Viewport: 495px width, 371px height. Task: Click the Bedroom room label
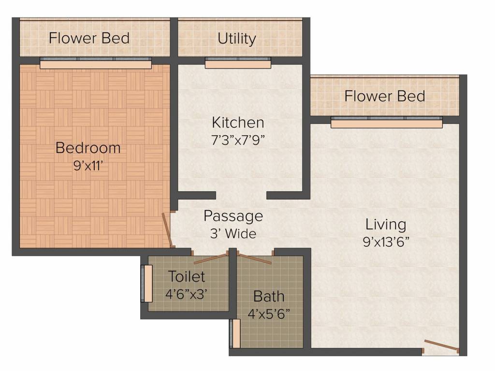(x=88, y=148)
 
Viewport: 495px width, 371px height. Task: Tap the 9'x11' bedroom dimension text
(x=88, y=165)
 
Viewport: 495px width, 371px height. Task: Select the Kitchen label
(x=238, y=122)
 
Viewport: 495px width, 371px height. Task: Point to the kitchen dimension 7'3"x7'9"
(x=238, y=140)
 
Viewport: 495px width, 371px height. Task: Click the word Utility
(x=237, y=39)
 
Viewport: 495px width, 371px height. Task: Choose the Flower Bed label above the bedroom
(x=89, y=38)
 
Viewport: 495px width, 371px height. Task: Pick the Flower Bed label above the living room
(x=384, y=96)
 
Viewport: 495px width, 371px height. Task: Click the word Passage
(x=233, y=216)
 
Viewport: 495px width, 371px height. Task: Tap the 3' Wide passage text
(x=233, y=233)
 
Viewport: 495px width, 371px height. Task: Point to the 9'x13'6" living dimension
(x=386, y=242)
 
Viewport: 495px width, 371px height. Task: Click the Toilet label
(x=187, y=277)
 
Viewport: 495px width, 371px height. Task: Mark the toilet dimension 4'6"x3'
(x=186, y=294)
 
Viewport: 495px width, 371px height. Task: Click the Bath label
(x=269, y=297)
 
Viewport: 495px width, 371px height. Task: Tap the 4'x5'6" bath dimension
(x=269, y=314)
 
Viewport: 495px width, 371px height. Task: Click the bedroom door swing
(x=168, y=230)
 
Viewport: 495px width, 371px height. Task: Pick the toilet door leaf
(x=211, y=258)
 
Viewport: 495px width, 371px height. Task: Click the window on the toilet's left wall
(x=146, y=284)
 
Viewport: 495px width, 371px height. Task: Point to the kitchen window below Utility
(x=238, y=63)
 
